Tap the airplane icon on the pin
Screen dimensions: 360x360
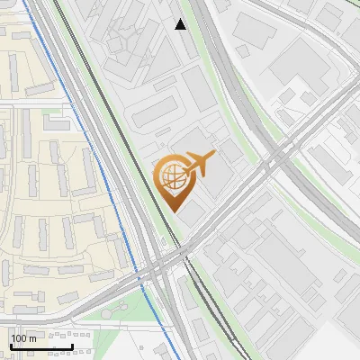[x=196, y=166]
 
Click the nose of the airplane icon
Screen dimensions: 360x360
[x=212, y=157]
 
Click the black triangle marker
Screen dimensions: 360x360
[x=181, y=24]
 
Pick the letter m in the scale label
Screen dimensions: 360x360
[x=32, y=338]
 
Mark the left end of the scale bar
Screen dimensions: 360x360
[x=11, y=346]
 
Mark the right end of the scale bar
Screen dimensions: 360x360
[x=72, y=346]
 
